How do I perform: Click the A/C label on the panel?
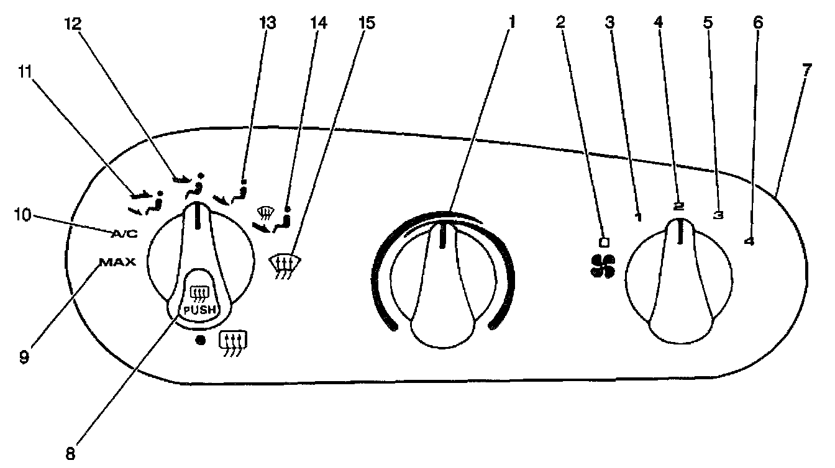124,233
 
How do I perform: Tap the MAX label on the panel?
116,262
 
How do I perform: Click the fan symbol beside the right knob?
602,266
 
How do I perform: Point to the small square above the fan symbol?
602,241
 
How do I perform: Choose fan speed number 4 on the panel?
750,243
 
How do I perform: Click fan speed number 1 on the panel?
639,217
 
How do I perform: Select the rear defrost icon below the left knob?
234,341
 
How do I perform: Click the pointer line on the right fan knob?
681,233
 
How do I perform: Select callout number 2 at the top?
561,23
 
